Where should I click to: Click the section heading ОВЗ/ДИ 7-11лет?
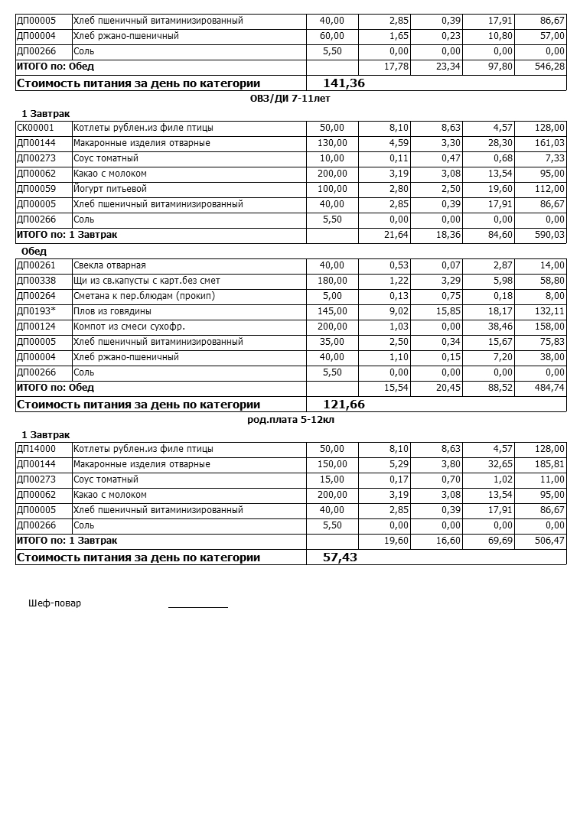tap(290, 99)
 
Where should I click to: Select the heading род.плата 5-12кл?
tap(290, 420)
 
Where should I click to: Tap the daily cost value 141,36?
tap(344, 83)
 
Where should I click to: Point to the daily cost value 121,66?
tap(344, 405)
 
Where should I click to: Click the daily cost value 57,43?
tap(341, 557)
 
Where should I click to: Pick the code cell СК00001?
tap(35, 128)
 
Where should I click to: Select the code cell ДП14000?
tap(35, 449)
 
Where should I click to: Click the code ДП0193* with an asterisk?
tap(36, 311)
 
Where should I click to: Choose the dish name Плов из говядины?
tap(112, 311)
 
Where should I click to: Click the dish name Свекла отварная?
tap(109, 265)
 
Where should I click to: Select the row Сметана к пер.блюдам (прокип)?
tap(144, 296)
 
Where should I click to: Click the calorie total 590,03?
tap(549, 235)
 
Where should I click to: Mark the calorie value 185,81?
tap(549, 464)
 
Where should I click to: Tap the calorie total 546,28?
tap(549, 67)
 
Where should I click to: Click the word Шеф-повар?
tap(54, 603)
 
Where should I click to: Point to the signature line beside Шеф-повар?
tap(198, 606)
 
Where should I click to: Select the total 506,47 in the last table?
tap(549, 541)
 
